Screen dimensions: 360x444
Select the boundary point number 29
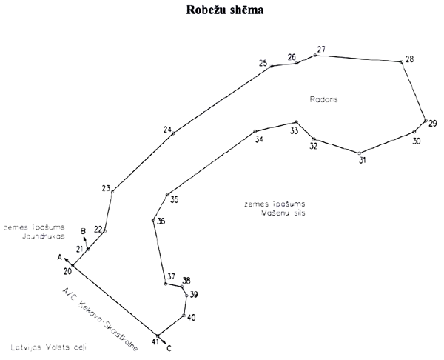(433, 123)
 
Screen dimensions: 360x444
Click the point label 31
(362, 159)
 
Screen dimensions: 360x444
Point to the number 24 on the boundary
(167, 130)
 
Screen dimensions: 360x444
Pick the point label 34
(258, 139)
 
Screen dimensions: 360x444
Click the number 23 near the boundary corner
(106, 187)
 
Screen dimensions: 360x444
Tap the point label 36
(161, 221)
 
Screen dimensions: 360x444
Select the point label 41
(155, 341)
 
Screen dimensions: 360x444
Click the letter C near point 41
(169, 347)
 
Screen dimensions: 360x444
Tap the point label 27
(320, 50)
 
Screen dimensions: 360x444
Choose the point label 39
(193, 295)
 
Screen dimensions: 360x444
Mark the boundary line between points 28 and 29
(414, 90)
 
